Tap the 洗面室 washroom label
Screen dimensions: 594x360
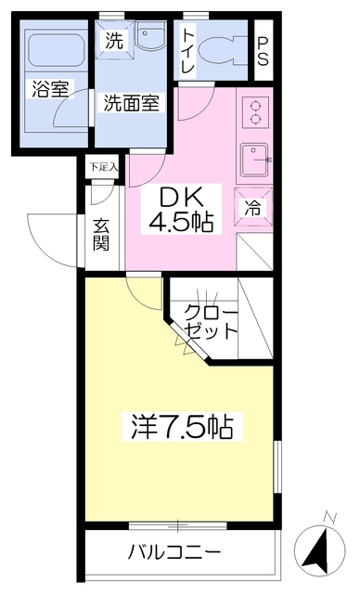pyautogui.click(x=132, y=102)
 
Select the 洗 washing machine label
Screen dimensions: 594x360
pyautogui.click(x=113, y=41)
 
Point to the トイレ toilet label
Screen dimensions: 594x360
pyautogui.click(x=188, y=45)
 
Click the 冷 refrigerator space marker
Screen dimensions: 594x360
pyautogui.click(x=253, y=209)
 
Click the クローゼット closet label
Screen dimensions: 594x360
pyautogui.click(x=212, y=321)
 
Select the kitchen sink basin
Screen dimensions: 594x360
pyautogui.click(x=252, y=161)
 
